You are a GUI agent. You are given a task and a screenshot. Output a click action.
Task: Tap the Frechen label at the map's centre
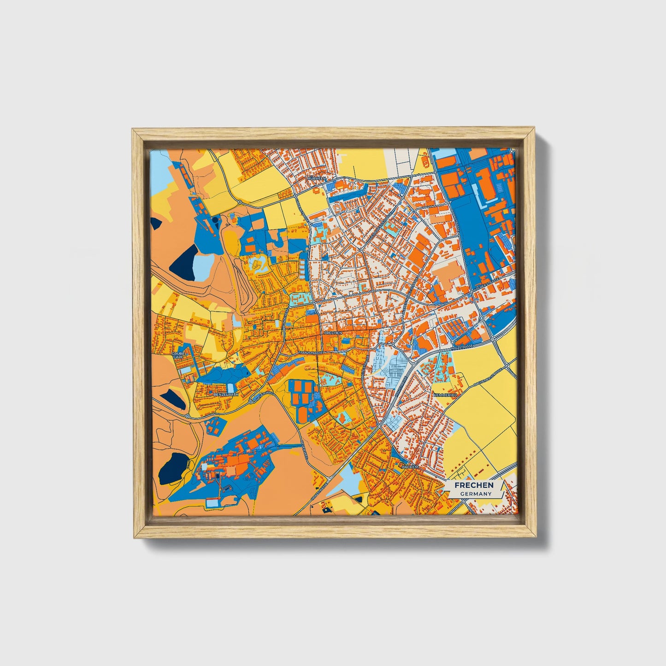click(333, 332)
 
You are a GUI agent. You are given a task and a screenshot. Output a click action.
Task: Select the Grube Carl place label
click(178, 356)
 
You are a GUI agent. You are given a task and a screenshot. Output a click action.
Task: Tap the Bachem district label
click(410, 467)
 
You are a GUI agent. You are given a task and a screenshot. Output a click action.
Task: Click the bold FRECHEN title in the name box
click(474, 485)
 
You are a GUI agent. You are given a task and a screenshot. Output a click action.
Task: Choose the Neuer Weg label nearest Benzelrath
click(265, 395)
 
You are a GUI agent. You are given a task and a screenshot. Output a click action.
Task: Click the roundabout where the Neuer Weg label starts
click(251, 399)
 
